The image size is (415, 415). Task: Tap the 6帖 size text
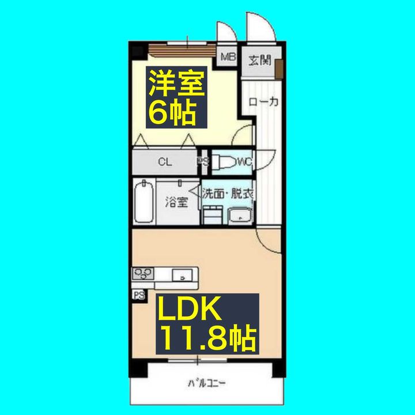coord(171,112)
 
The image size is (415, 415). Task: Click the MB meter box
coord(229,57)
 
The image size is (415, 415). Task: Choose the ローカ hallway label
coord(264,102)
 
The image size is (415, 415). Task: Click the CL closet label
coord(165,162)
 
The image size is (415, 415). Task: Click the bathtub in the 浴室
coord(144,202)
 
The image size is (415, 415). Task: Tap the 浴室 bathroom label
coord(177,202)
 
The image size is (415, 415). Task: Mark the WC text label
coord(244,162)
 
